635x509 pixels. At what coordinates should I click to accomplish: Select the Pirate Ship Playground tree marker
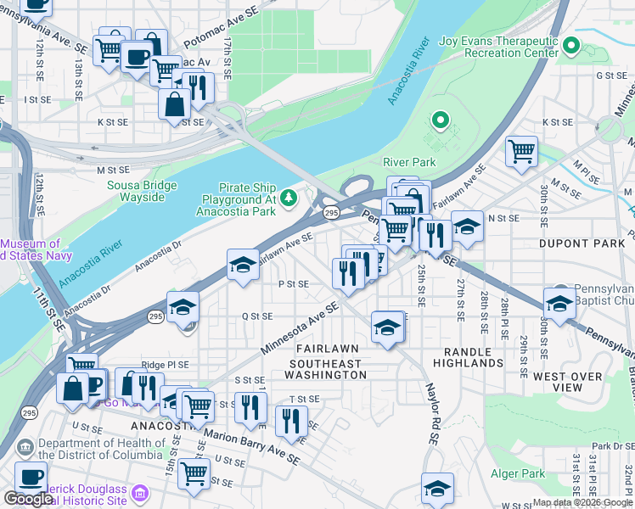pyautogui.click(x=289, y=198)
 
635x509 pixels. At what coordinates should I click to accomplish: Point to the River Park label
pyautogui.click(x=410, y=162)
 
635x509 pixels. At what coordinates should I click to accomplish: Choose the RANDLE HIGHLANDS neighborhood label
pyautogui.click(x=468, y=357)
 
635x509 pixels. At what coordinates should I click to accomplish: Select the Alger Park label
pyautogui.click(x=518, y=473)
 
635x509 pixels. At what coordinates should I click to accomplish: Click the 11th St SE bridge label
pyautogui.click(x=55, y=308)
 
